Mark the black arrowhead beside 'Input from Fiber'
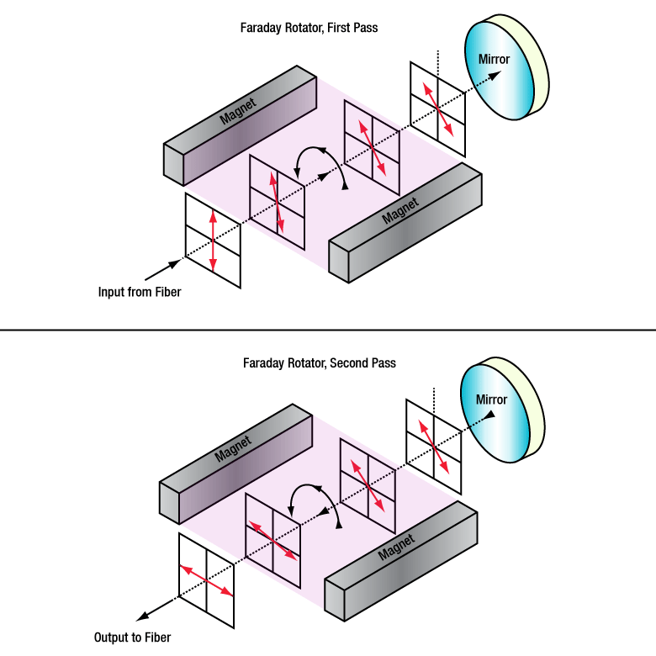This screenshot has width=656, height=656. click(174, 264)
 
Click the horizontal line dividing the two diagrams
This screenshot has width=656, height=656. click(328, 330)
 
